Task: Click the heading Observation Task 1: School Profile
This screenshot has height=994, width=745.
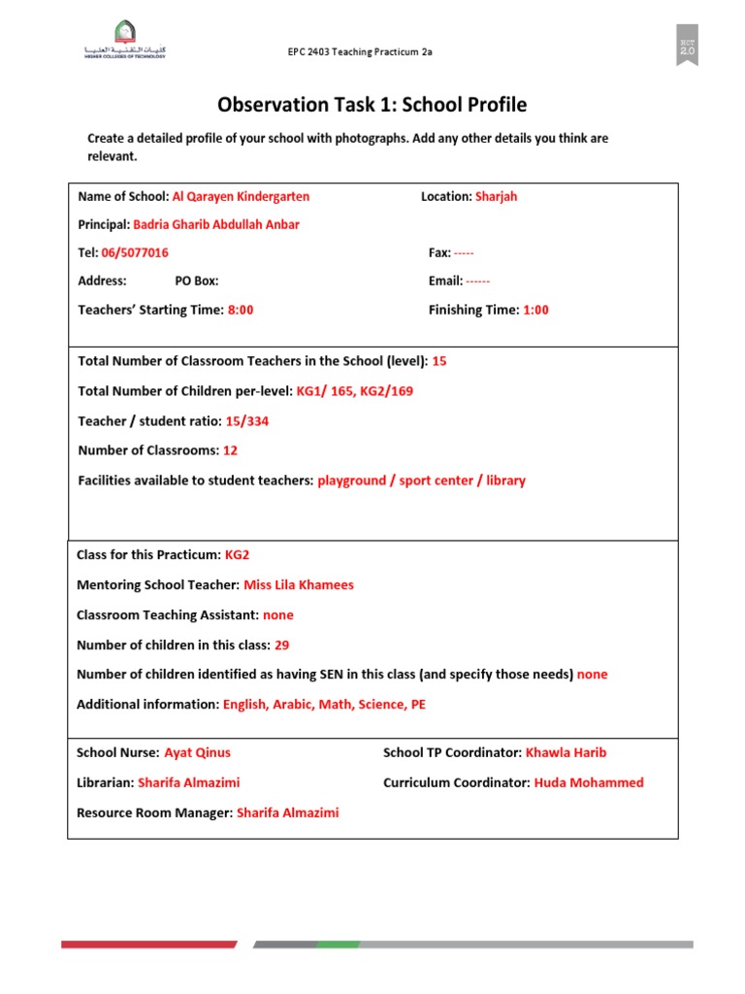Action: [372, 105]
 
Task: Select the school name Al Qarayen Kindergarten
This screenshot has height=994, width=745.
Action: [241, 196]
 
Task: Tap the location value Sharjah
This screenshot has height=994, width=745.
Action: [496, 196]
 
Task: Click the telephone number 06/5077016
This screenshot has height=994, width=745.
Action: [135, 252]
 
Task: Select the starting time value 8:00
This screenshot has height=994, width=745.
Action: [240, 310]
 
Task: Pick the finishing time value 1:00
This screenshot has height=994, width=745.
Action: [535, 310]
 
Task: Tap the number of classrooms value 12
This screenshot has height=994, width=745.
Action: [230, 450]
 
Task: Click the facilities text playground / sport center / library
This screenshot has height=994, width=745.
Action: [421, 480]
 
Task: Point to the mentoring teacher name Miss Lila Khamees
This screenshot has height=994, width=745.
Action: [299, 585]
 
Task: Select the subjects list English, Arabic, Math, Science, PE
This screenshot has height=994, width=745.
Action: [324, 705]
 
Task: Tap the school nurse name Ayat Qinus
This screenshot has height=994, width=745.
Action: [198, 752]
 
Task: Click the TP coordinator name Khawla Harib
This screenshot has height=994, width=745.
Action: [566, 752]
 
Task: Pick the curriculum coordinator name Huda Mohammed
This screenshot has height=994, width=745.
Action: [588, 782]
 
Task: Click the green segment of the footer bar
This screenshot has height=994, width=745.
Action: [339, 944]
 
